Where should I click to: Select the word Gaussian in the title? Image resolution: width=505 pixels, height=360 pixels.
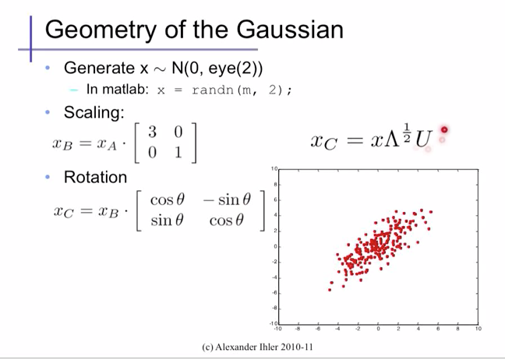pos(285,30)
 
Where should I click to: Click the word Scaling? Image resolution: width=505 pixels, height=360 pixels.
pos(94,112)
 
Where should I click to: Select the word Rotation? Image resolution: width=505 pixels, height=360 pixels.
pos(95,177)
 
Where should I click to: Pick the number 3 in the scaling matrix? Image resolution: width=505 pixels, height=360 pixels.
pos(152,134)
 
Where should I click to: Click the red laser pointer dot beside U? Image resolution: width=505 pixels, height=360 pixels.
pos(444,130)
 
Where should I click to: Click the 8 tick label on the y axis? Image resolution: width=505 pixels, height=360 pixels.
pos(274,185)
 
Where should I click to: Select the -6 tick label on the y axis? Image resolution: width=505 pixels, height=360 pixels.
pos(274,292)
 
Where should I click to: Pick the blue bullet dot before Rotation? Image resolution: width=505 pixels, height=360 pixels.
pos(48,177)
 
